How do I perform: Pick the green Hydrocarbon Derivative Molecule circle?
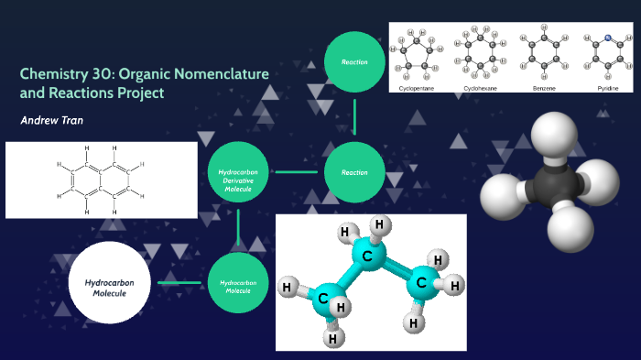click(238, 171)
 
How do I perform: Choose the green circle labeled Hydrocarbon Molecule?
click(238, 282)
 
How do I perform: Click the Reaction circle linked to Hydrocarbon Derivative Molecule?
click(354, 171)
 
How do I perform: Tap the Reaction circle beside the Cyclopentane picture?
click(354, 62)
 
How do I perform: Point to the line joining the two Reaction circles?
click(354, 117)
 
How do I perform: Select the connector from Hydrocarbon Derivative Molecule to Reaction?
click(296, 171)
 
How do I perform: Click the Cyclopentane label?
click(418, 88)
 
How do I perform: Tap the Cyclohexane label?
click(481, 88)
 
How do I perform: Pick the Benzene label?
click(543, 88)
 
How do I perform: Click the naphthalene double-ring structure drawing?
click(101, 180)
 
